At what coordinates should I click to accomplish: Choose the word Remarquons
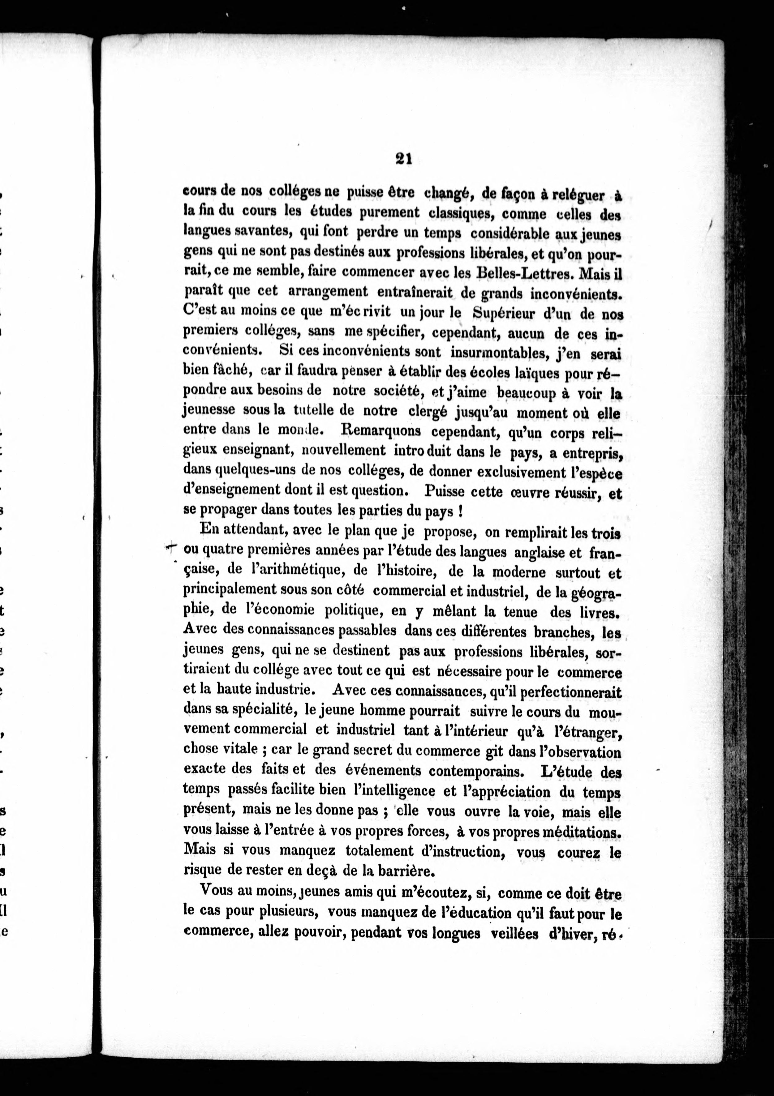(381, 431)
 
